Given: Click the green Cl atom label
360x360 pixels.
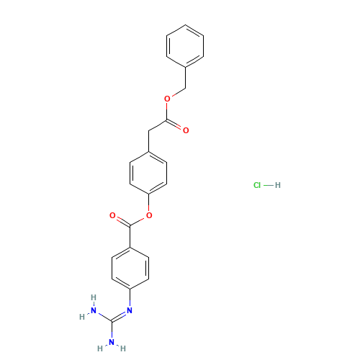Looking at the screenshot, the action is pyautogui.click(x=257, y=185).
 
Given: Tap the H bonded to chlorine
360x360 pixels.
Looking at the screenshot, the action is pyautogui.click(x=278, y=185).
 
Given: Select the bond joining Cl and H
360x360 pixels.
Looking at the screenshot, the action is pyautogui.click(x=268, y=185).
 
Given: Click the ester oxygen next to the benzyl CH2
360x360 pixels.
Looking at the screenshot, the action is pyautogui.click(x=167, y=98).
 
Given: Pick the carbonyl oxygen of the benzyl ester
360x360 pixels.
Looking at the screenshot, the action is pyautogui.click(x=186, y=130).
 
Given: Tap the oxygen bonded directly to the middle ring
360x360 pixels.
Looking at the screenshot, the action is pyautogui.click(x=148, y=215).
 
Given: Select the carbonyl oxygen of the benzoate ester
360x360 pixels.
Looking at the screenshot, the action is pyautogui.click(x=112, y=215).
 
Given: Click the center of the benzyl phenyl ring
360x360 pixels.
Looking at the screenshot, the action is pyautogui.click(x=186, y=47).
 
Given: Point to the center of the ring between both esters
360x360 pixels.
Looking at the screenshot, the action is pyautogui.click(x=148, y=173).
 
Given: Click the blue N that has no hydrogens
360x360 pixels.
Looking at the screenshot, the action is pyautogui.click(x=130, y=310).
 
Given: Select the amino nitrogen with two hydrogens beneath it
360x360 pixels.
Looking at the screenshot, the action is pyautogui.click(x=112, y=342).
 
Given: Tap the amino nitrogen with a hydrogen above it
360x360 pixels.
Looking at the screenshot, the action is pyautogui.click(x=94, y=310).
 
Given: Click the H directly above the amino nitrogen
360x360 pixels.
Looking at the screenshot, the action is pyautogui.click(x=94, y=297).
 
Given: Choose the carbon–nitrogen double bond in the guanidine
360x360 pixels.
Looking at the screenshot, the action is pyautogui.click(x=120, y=315).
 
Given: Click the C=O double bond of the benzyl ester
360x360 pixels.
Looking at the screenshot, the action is pyautogui.click(x=176, y=126).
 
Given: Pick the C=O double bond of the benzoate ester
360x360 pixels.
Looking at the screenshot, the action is pyautogui.click(x=121, y=220).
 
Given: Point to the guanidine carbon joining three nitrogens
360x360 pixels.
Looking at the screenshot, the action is pyautogui.click(x=112, y=321).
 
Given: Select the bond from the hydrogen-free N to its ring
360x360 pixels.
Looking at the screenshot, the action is pyautogui.click(x=130, y=300).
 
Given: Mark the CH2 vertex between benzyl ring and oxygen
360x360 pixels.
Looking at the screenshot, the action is pyautogui.click(x=186, y=88).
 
